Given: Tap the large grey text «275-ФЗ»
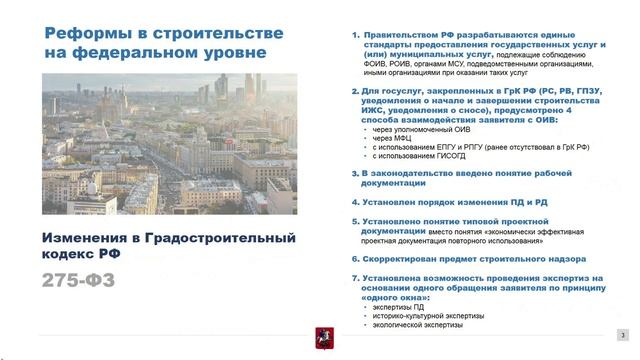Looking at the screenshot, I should tap(79, 281).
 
